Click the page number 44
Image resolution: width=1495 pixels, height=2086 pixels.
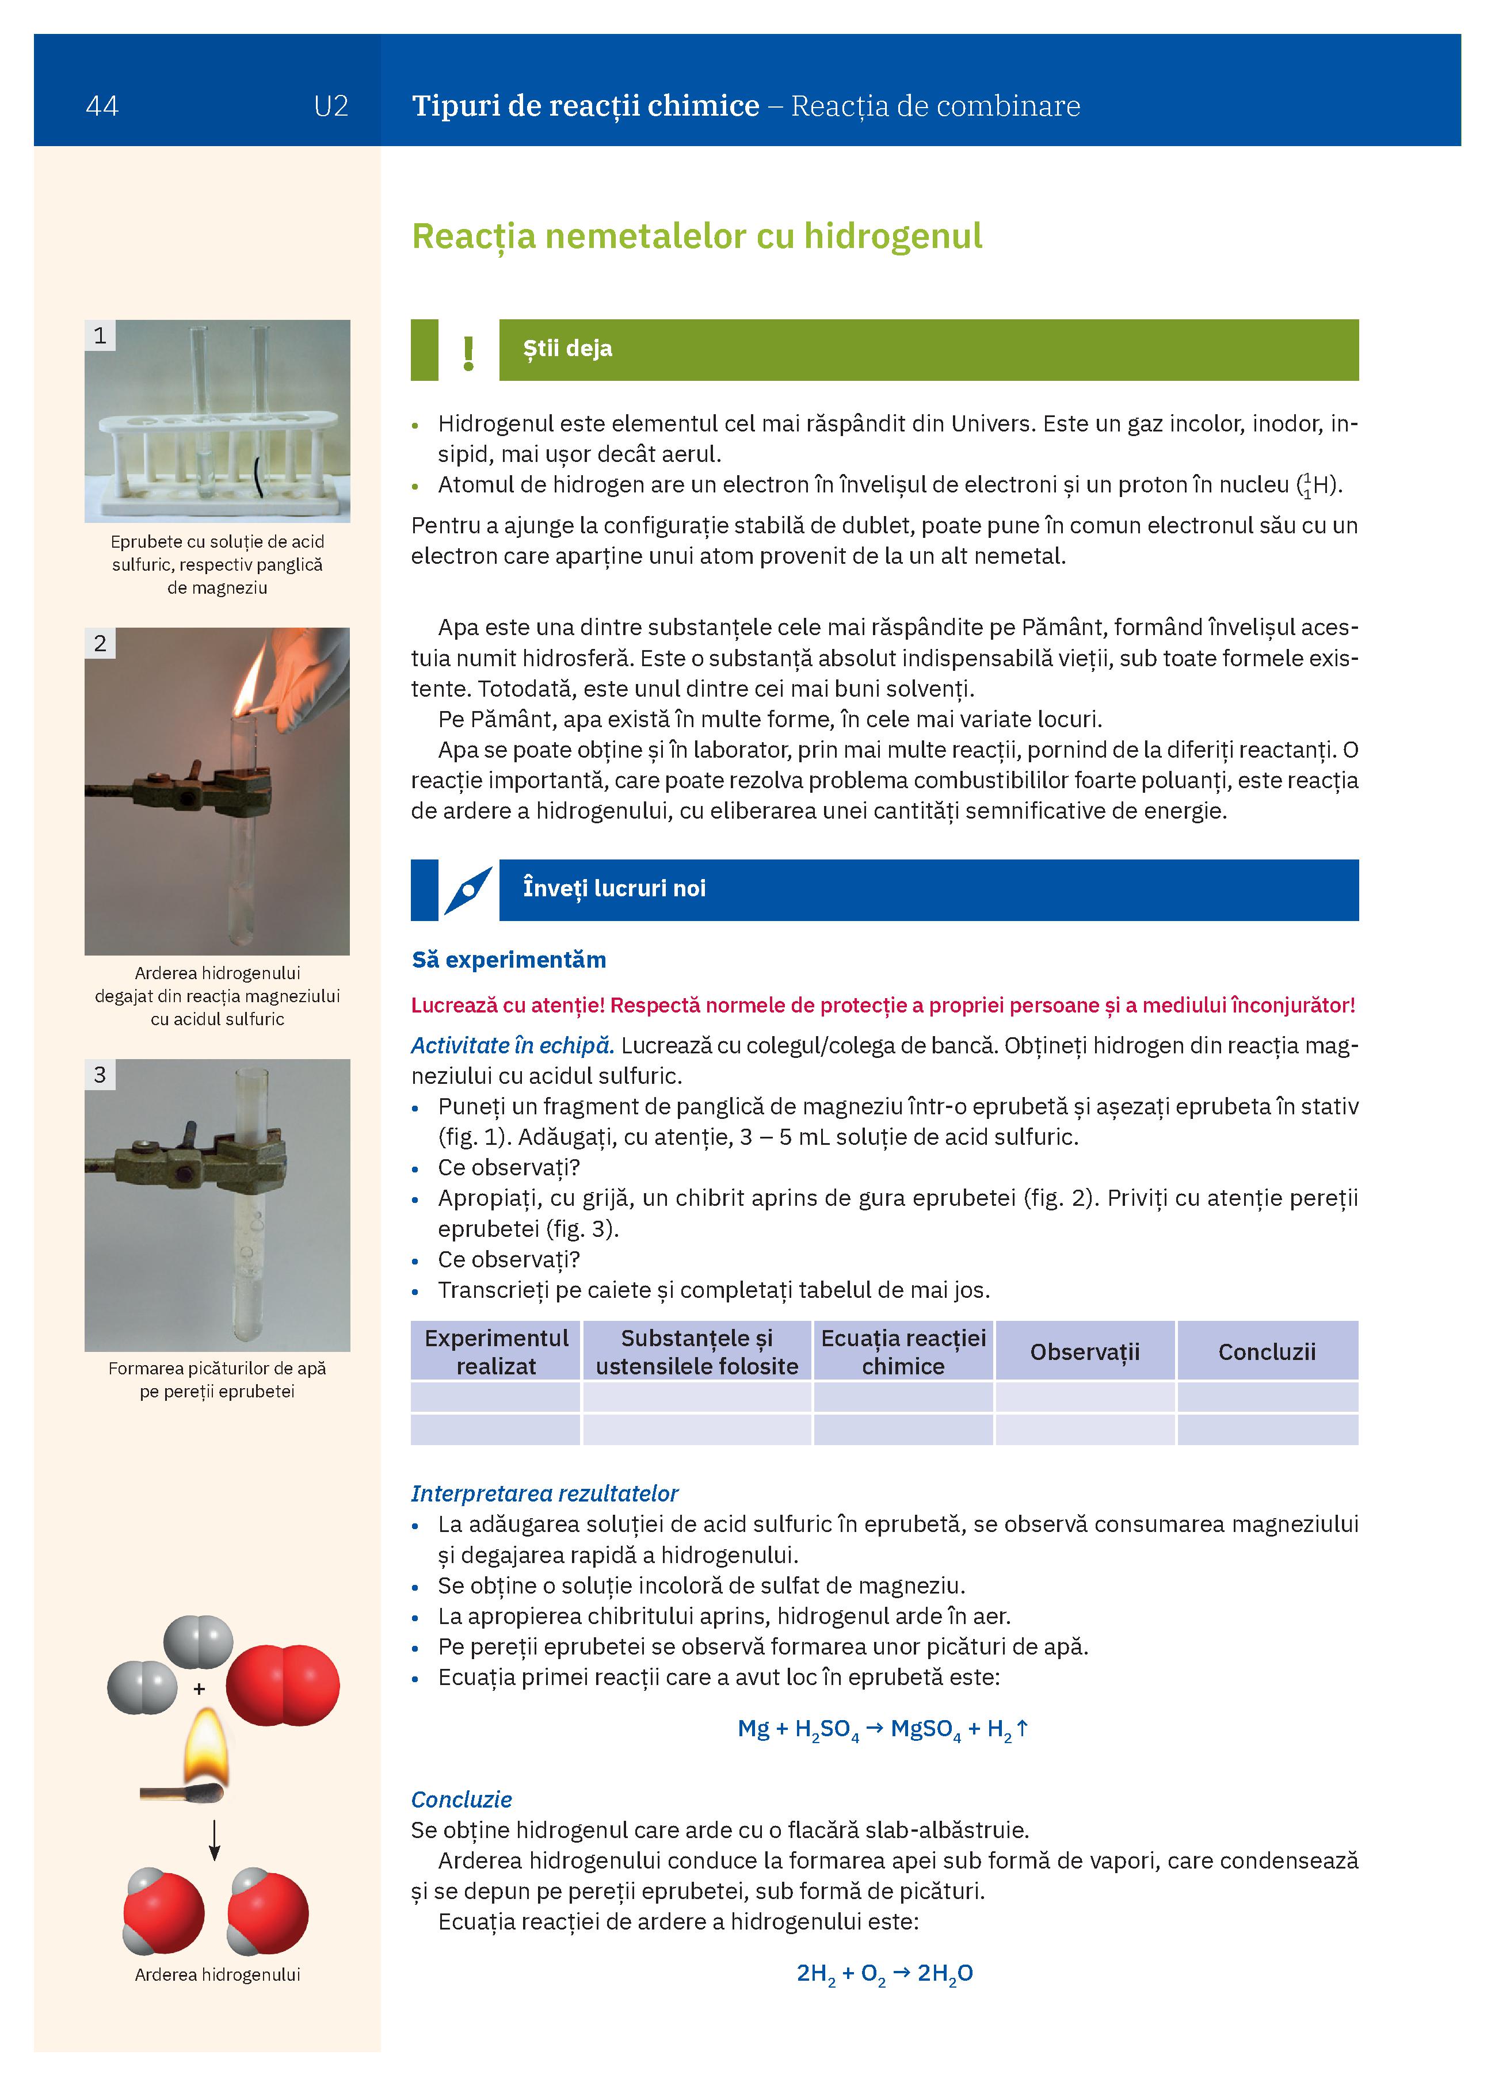click(102, 106)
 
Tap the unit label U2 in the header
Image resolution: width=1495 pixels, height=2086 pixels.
click(330, 106)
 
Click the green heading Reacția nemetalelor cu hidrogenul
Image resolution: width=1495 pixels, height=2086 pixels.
click(696, 236)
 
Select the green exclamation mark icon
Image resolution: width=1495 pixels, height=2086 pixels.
click(468, 352)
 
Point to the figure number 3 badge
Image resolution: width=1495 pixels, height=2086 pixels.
click(100, 1074)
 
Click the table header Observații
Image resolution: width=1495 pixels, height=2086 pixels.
click(1085, 1351)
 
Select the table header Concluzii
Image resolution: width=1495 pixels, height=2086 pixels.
click(1267, 1351)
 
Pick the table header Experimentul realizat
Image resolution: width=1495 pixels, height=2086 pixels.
click(496, 1351)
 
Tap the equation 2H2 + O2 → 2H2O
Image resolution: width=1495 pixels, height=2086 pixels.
click(884, 1974)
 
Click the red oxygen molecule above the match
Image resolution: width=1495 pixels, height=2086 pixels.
click(283, 1685)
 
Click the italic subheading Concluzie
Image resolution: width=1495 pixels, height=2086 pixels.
click(461, 1800)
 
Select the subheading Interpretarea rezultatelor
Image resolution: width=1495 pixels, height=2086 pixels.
click(544, 1493)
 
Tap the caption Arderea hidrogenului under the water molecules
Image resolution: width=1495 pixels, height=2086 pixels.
click(217, 1975)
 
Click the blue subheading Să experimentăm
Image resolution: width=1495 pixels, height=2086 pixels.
click(509, 960)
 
